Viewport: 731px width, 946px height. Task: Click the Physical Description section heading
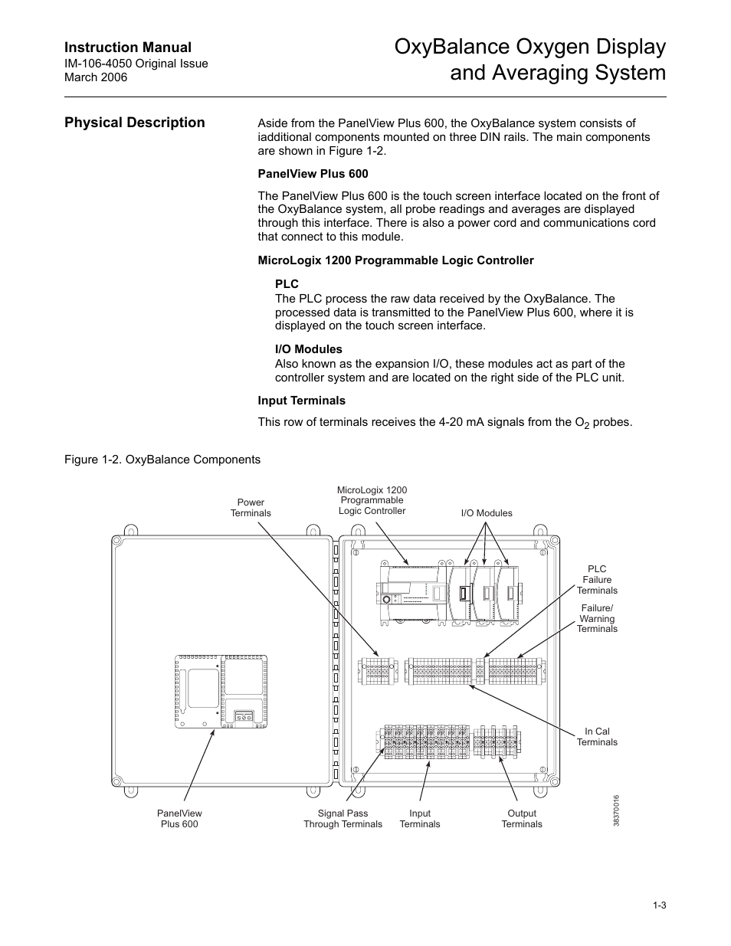(134, 123)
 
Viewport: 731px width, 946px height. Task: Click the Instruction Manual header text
(128, 47)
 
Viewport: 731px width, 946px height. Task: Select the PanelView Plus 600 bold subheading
(313, 174)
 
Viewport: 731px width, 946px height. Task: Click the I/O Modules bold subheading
(309, 349)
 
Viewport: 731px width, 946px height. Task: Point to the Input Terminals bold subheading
(301, 401)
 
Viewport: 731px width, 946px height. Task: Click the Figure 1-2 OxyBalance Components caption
(162, 460)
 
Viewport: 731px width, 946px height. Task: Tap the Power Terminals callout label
(251, 508)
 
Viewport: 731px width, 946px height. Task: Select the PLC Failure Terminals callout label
(597, 579)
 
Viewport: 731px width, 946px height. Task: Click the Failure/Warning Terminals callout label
(597, 618)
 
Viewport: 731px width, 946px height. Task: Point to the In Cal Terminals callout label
(597, 736)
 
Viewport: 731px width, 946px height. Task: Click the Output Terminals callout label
(522, 818)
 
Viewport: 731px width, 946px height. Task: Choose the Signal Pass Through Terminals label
(343, 818)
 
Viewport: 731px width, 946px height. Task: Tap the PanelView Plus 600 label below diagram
(179, 818)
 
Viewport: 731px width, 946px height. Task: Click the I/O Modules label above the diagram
(487, 513)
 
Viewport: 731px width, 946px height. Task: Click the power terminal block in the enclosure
(377, 670)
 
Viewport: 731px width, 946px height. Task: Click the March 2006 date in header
(96, 77)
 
